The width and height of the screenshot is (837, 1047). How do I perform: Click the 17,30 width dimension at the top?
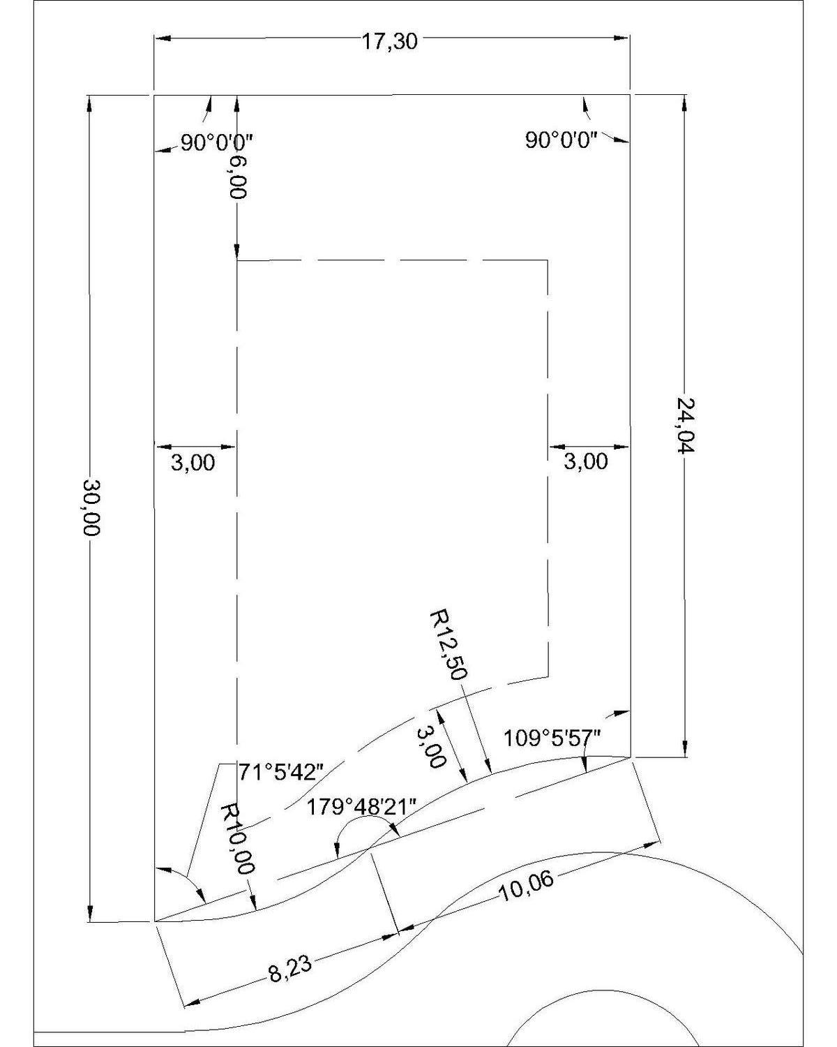(389, 42)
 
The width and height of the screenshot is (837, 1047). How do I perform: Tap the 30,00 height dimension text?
(91, 507)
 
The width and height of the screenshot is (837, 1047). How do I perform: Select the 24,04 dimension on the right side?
(685, 425)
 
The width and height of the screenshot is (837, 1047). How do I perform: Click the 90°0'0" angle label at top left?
(218, 143)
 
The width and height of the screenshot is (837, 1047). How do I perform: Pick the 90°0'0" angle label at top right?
(561, 140)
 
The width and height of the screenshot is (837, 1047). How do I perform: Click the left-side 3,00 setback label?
(193, 462)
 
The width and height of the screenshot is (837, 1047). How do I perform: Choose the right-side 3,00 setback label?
(586, 461)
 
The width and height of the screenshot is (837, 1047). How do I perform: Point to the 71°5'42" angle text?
(280, 772)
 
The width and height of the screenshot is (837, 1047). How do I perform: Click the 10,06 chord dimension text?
(526, 888)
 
